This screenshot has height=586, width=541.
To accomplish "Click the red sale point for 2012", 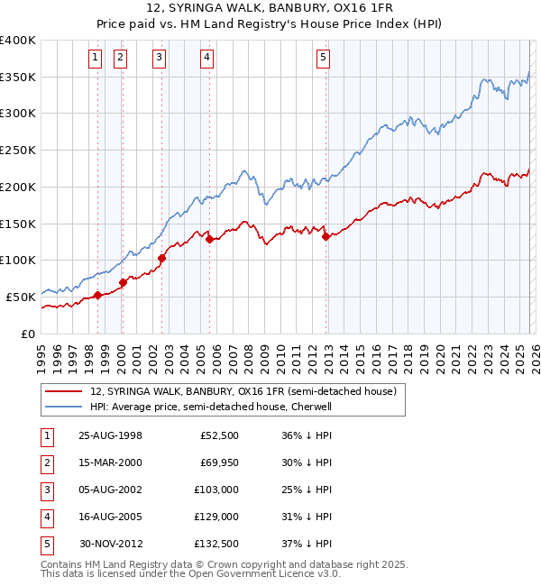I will point(326,237).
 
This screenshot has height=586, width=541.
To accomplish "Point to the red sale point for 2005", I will point(209,239).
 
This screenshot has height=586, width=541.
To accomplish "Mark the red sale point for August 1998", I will point(98,295).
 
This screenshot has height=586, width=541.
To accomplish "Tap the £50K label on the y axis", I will point(21,297).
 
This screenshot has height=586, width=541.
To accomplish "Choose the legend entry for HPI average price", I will point(211,407).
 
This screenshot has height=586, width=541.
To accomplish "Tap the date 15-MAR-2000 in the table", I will point(110,462).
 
